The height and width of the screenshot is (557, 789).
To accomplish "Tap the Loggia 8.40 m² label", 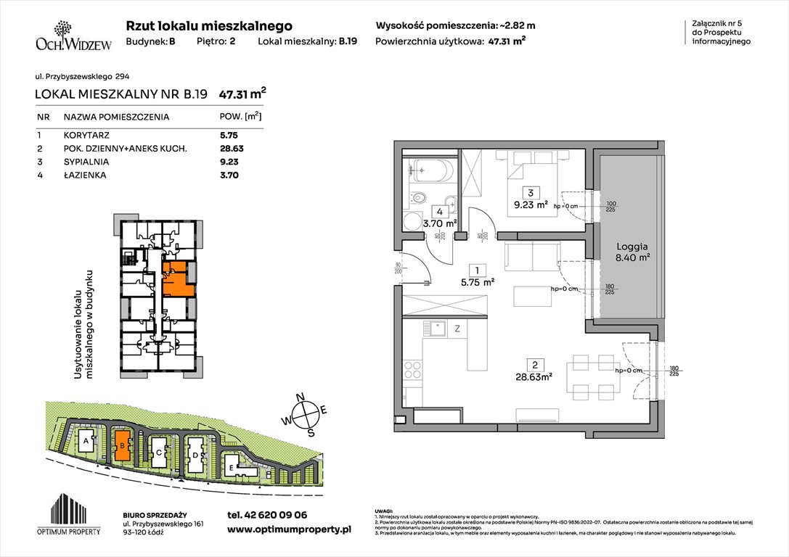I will point(628,250).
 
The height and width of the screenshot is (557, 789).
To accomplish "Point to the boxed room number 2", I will point(534,364).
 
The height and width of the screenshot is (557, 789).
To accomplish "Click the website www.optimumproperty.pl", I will point(289,530).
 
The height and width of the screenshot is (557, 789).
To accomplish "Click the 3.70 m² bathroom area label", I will point(441,223).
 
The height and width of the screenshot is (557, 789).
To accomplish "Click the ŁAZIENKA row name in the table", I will point(83,175).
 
